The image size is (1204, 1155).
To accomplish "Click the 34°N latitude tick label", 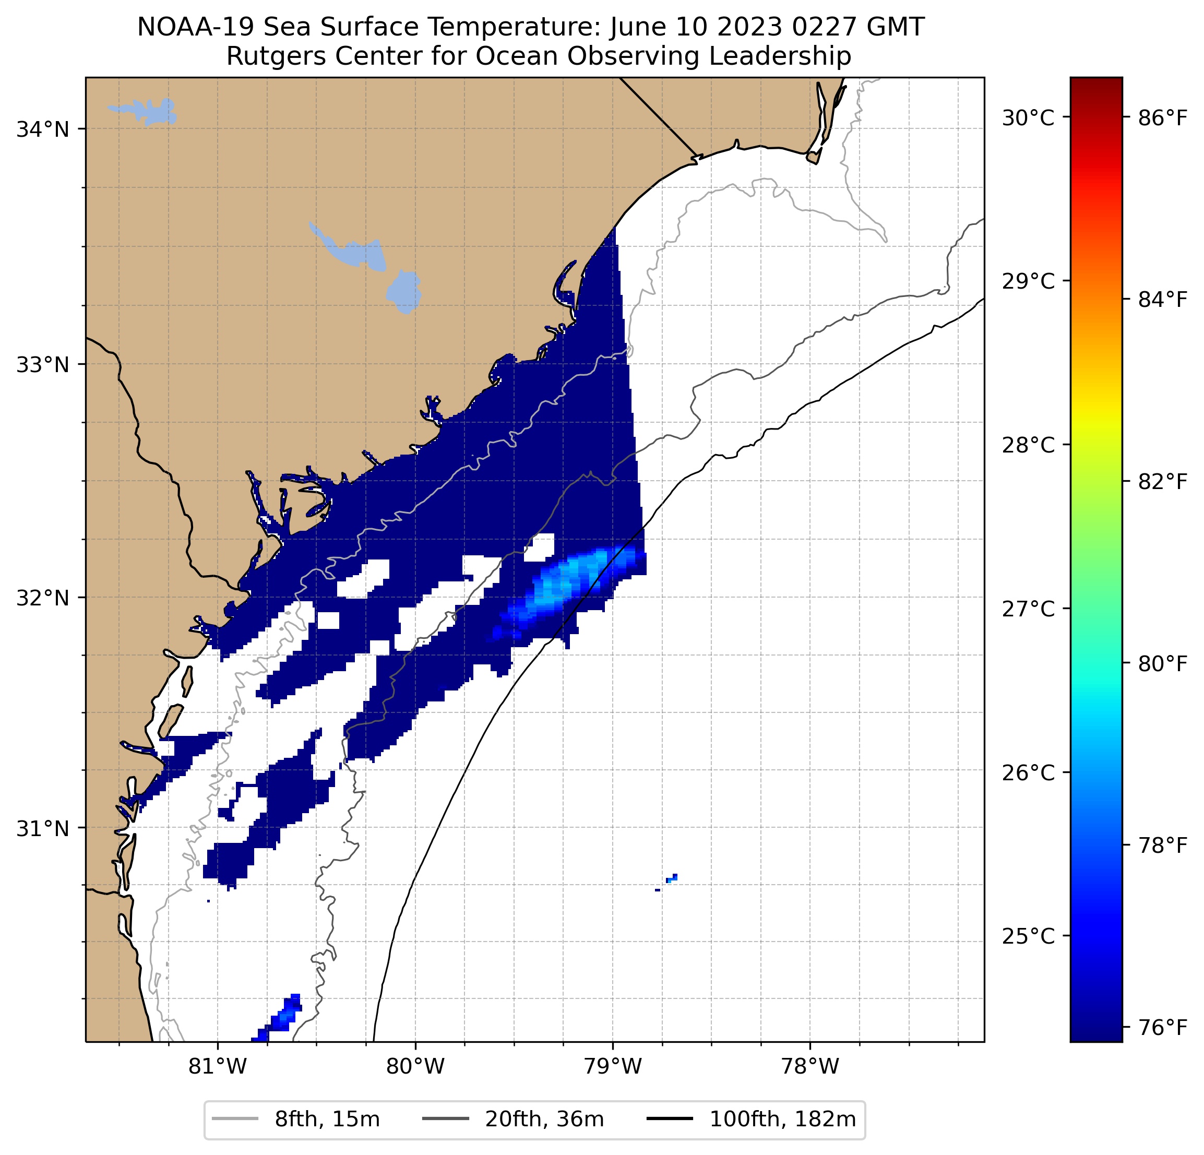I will point(42,129).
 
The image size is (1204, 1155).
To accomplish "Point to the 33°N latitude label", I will point(42,365).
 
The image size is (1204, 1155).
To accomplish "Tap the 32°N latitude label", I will point(42,598).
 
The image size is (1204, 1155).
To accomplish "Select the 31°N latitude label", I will point(42,829).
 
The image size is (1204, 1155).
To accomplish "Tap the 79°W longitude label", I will point(613,1067).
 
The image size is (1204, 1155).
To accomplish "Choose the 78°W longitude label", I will point(809,1067).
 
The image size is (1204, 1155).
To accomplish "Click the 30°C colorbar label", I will point(1028,117).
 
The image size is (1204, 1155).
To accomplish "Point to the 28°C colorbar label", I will point(1028,445).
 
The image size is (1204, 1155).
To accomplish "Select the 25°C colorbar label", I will point(1028,936).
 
